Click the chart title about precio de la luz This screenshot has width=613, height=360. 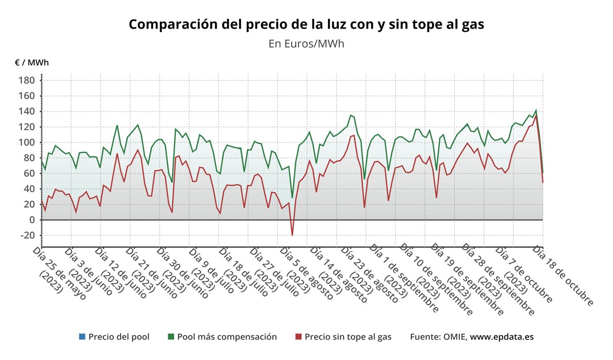pos(306,25)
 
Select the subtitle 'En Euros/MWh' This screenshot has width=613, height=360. pos(306,44)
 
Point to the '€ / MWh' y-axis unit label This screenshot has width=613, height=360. pos(32,63)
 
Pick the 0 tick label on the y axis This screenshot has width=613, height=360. pos(32,220)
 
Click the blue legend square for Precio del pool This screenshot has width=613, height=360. pos(82,337)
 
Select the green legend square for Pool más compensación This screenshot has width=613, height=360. pos(171,337)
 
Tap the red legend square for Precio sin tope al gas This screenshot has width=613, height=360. pos(299,337)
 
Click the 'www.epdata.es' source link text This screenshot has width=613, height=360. pos(502,337)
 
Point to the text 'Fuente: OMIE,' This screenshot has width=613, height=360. pos(438,337)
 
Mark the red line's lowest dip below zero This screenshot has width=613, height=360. pos(292,235)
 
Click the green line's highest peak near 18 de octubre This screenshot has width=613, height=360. pos(536,110)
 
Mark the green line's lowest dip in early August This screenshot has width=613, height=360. pos(292,198)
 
